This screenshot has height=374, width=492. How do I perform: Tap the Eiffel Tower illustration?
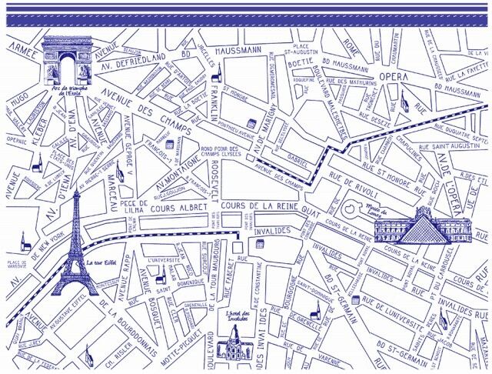(x=75, y=246)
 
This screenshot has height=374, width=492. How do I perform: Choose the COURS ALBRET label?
(x=176, y=206)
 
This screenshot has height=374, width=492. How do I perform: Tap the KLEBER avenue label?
(x=40, y=130)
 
